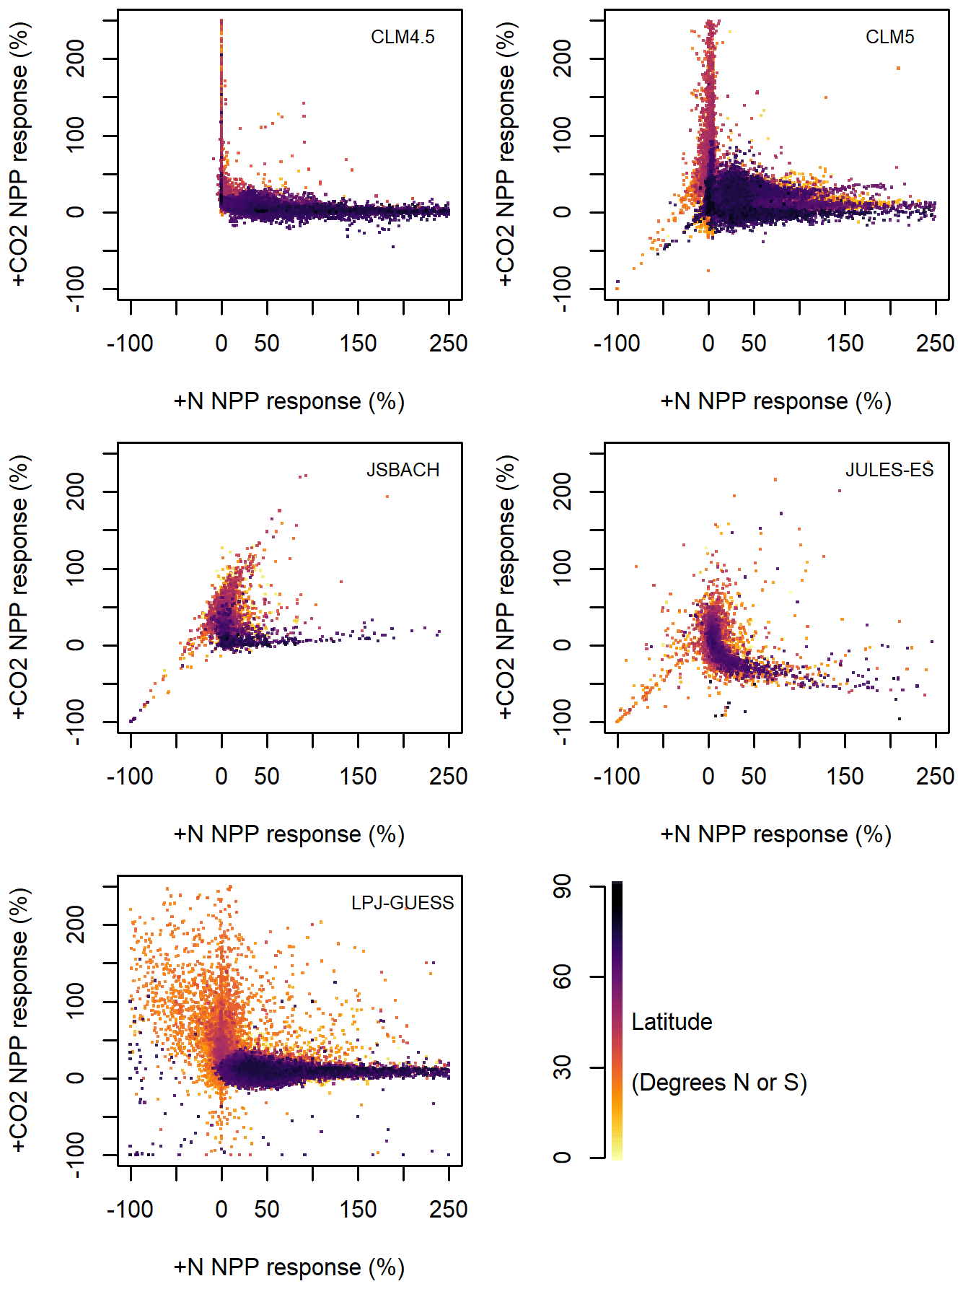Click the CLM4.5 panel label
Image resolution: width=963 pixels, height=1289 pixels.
tap(403, 37)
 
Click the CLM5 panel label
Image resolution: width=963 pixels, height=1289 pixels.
tap(889, 37)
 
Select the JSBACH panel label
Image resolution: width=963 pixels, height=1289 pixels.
tap(403, 470)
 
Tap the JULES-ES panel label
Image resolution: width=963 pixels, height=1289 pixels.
tap(889, 470)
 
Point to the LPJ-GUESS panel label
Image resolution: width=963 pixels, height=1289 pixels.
tap(403, 903)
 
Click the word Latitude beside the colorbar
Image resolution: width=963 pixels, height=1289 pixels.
tap(672, 1022)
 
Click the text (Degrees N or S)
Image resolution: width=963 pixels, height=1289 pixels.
tap(718, 1083)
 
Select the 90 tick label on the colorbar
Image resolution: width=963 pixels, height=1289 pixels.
tap(563, 887)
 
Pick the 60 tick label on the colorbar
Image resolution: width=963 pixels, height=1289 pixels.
tap(563, 977)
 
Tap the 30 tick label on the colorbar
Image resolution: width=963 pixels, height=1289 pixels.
tap(563, 1067)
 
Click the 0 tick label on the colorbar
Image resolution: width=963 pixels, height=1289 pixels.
tap(563, 1158)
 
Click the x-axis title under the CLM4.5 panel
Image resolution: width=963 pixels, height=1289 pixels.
tap(289, 401)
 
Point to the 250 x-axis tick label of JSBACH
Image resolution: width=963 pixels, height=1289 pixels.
tap(448, 777)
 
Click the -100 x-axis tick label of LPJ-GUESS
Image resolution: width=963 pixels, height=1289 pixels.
tap(130, 1210)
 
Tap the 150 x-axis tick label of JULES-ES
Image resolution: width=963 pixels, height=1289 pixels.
tap(845, 777)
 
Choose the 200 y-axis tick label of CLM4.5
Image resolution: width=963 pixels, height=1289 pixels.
tap(76, 58)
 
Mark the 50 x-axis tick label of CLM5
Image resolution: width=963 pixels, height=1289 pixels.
tap(754, 344)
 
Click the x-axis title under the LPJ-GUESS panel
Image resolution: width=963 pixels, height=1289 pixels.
tap(289, 1267)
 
